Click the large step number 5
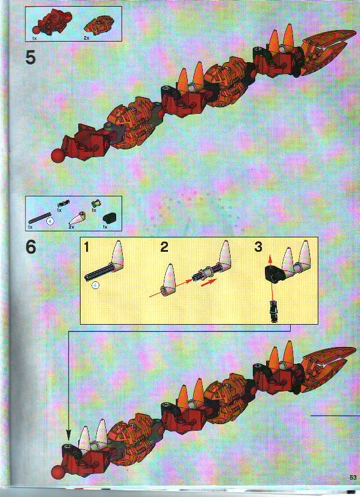coord(31,59)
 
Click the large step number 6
coord(31,248)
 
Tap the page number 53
coord(353,477)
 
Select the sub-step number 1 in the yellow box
coord(88,247)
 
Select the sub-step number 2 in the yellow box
coord(164,247)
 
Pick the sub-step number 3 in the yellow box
coord(258,247)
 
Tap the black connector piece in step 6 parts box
coord(109,218)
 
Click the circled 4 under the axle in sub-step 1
coord(95,286)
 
